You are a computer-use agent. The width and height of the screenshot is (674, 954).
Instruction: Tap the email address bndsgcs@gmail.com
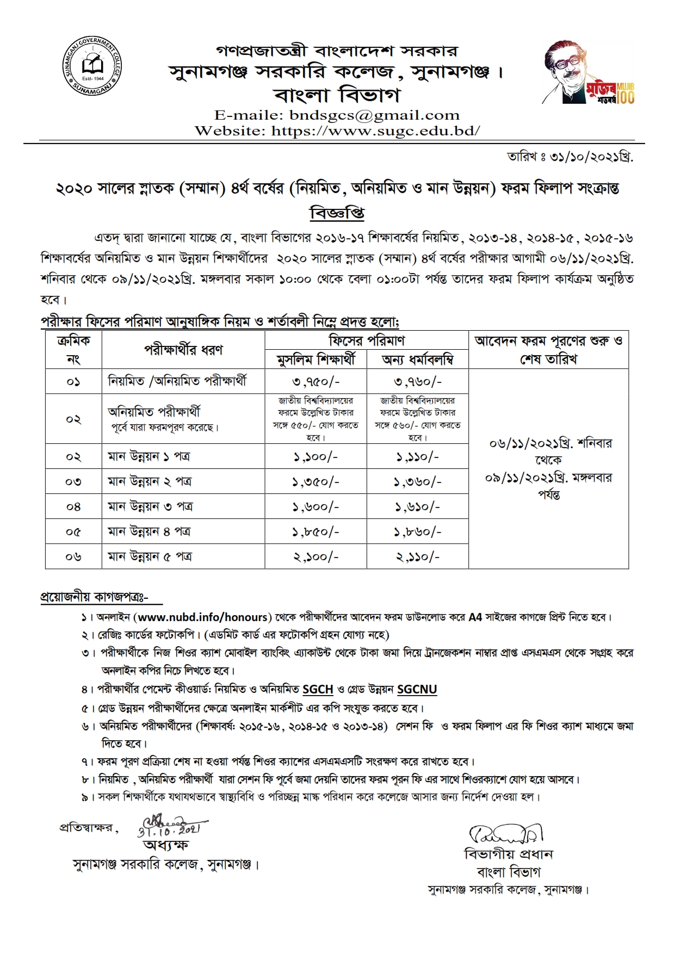tap(375, 115)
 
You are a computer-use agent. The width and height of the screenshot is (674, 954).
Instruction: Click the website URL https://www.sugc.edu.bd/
tap(375, 131)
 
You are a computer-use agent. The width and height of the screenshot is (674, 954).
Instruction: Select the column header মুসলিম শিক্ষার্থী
tap(316, 359)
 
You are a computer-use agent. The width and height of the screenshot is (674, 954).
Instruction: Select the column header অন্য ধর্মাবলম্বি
tap(417, 359)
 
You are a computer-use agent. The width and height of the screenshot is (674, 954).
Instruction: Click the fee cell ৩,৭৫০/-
tap(316, 382)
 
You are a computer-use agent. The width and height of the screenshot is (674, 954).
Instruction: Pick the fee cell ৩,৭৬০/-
tap(417, 382)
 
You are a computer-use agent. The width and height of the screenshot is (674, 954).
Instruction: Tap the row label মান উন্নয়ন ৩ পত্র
tap(150, 506)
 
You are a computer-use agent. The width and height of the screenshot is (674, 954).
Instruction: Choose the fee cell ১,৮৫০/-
tap(316, 531)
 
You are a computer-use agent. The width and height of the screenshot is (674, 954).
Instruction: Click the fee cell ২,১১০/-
tap(417, 556)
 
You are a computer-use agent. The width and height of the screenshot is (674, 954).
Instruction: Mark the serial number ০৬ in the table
tap(73, 556)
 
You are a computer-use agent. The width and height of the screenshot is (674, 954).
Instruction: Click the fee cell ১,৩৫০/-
tap(316, 481)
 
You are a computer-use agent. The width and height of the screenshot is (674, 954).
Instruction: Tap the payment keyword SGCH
tap(318, 690)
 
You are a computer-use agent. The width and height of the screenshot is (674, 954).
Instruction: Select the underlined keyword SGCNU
tap(417, 690)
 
